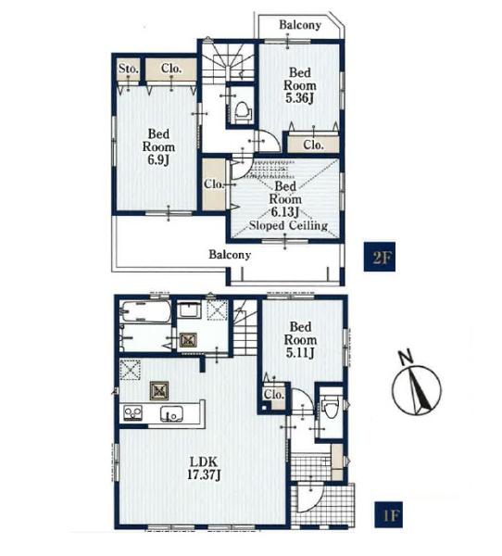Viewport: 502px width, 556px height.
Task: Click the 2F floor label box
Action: (380, 257)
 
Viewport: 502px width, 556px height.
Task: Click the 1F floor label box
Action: (389, 514)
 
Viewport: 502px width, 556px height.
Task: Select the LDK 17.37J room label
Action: (204, 468)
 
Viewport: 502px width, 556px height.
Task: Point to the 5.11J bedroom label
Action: (300, 339)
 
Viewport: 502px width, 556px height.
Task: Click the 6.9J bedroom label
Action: (158, 146)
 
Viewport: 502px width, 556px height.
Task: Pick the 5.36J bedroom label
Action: (300, 85)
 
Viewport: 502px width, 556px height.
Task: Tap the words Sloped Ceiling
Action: (288, 225)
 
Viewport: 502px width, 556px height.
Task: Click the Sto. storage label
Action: (129, 69)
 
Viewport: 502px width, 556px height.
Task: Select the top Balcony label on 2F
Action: (300, 25)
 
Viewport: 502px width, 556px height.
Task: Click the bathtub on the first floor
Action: (145, 311)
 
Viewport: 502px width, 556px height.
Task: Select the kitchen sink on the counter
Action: (171, 414)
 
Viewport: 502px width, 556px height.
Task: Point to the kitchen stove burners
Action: (133, 413)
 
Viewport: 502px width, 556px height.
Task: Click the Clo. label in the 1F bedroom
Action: (274, 394)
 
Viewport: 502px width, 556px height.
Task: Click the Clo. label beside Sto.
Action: (171, 68)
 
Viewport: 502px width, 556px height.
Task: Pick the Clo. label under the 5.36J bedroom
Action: (313, 145)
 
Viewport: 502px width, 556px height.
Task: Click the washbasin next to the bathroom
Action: (189, 310)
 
